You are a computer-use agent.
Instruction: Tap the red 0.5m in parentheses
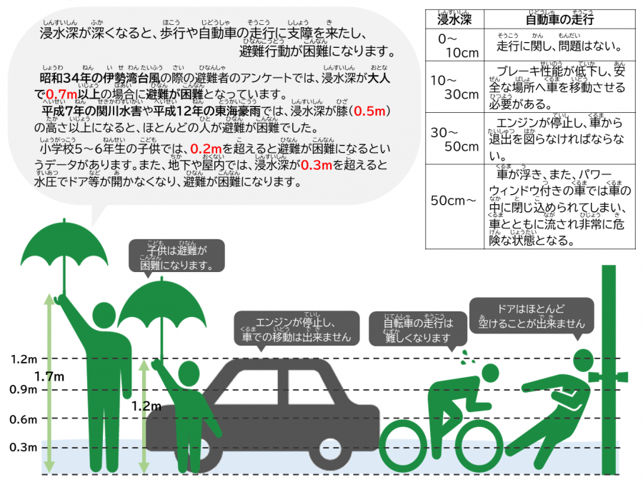pos(371,112)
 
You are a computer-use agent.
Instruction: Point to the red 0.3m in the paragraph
pos(316,166)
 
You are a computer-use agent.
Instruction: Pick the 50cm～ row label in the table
pos(453,201)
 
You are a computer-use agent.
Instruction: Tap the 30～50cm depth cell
pos(453,139)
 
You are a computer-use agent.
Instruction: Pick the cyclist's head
pos(489,372)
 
